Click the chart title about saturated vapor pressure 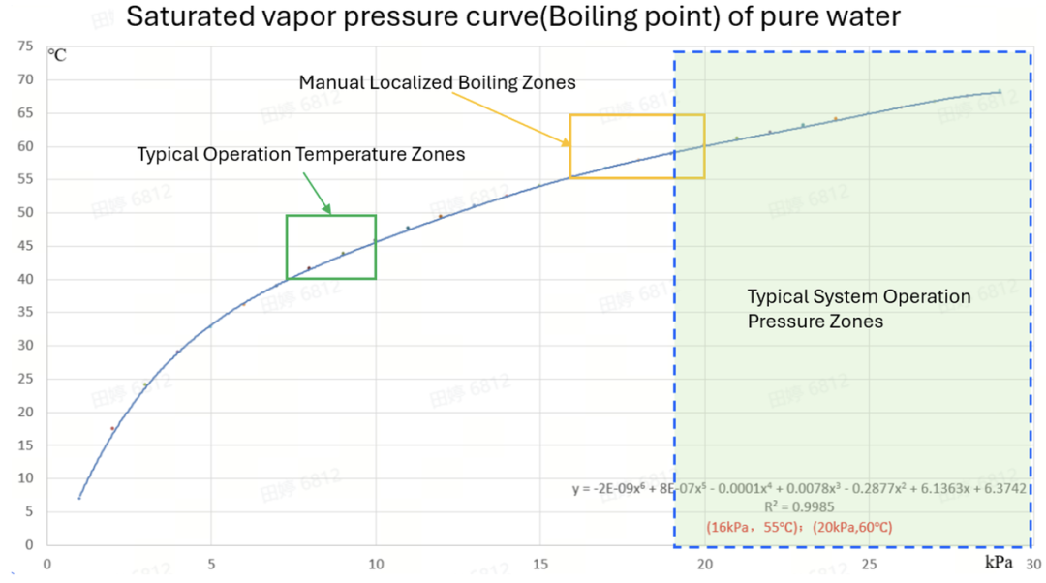point(513,16)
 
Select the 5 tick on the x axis point(210,563)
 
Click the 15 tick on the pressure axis point(539,563)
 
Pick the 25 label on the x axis point(869,563)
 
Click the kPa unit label point(999,562)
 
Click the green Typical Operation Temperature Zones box point(330,247)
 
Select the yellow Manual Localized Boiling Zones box point(636,146)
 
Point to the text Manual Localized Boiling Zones point(437,82)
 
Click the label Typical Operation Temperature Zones point(300,154)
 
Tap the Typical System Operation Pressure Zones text point(858,308)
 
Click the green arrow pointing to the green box point(317,190)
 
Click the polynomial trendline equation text point(799,489)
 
